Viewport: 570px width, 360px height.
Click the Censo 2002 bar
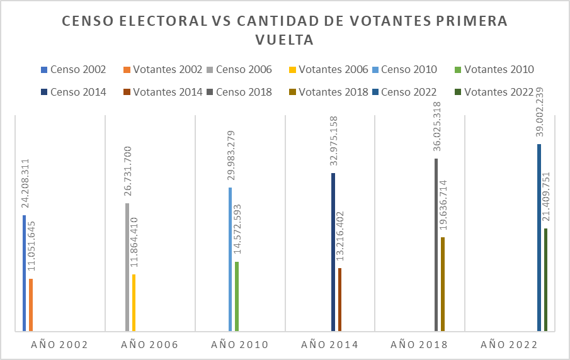[x=25, y=273]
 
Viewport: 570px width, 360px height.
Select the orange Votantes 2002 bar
[x=31, y=305]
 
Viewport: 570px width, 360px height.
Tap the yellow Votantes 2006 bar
[x=134, y=303]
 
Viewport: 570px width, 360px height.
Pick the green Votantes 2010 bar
[x=237, y=296]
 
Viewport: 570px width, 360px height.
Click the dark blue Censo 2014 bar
[x=333, y=252]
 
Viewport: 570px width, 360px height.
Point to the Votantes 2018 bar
[x=443, y=284]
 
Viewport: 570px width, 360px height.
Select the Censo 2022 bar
[x=539, y=237]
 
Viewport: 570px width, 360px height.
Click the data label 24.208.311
[x=25, y=183]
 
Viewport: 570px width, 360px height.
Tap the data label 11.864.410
[x=134, y=242]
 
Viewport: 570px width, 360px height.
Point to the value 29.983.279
[x=231, y=155]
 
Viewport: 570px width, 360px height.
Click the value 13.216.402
[x=339, y=236]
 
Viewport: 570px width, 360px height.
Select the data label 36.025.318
[x=436, y=127]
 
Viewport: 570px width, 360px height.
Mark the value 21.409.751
[x=545, y=196]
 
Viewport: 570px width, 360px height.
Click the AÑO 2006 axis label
[x=149, y=344]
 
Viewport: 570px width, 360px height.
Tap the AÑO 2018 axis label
[x=419, y=344]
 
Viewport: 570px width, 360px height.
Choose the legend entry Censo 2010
[x=405, y=69]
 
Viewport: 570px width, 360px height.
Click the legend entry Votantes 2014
[x=163, y=92]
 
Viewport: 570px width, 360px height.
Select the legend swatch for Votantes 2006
[x=293, y=70]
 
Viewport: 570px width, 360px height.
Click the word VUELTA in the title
[x=285, y=40]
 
